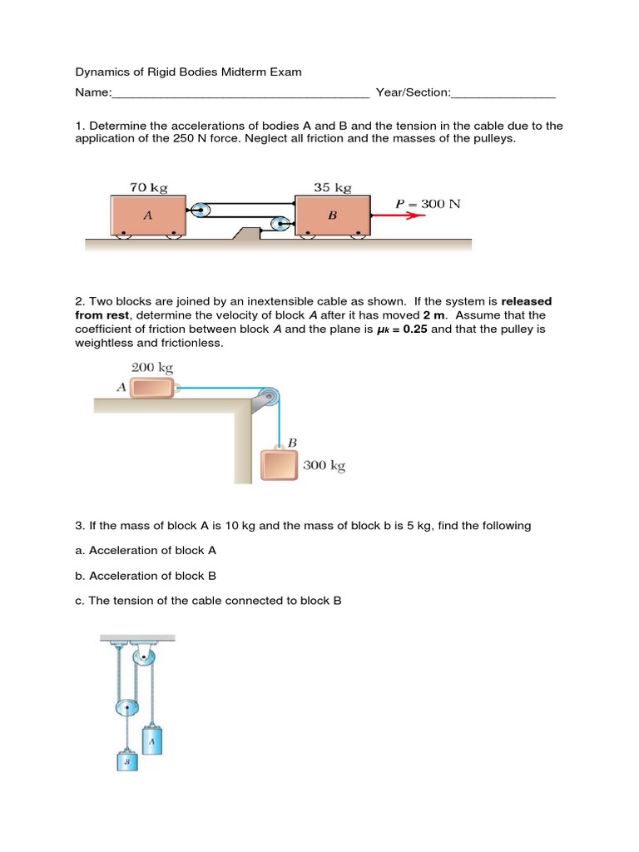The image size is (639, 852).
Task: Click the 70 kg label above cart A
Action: pos(148,187)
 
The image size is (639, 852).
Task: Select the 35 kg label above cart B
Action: pos(332,187)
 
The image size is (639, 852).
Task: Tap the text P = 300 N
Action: pos(428,203)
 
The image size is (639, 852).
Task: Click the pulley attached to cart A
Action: pos(200,210)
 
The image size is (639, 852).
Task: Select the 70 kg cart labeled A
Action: pos(148,215)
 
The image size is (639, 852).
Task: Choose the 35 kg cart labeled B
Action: pos(332,215)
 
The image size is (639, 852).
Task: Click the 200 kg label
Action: pos(151,367)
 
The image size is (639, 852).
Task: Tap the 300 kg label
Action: pos(324,465)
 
